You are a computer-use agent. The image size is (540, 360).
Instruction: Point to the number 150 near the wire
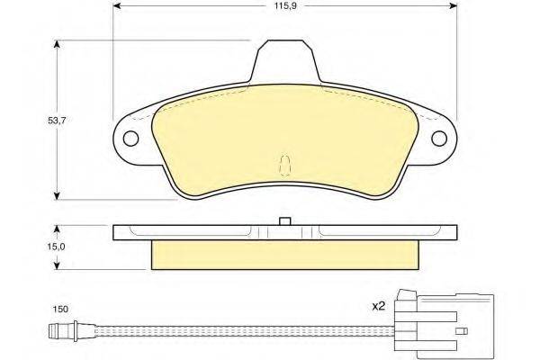click(60, 309)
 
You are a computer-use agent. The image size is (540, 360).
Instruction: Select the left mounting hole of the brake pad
click(130, 139)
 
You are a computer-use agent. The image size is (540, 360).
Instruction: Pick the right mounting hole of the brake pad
click(439, 139)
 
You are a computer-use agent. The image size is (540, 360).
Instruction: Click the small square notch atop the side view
click(285, 221)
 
